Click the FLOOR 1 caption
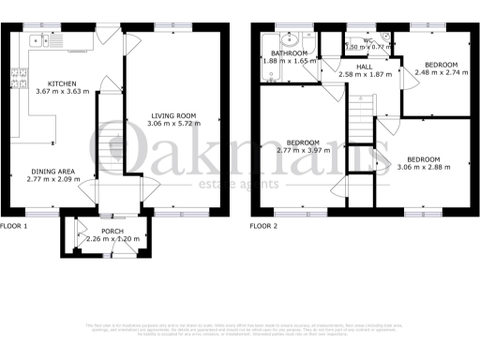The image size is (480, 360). pyautogui.click(x=14, y=226)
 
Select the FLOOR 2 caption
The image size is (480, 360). pyautogui.click(x=264, y=226)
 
